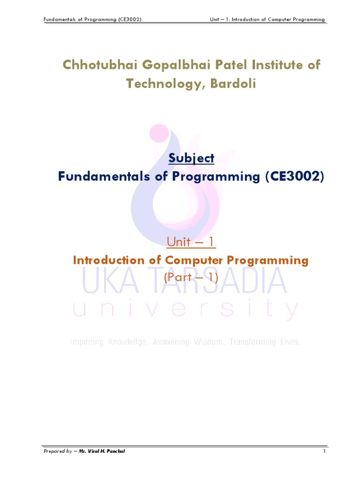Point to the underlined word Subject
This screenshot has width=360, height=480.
tap(191, 158)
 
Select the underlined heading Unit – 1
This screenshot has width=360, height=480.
tap(191, 242)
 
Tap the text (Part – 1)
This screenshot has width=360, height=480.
tap(191, 277)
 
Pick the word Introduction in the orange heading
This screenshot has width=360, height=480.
tap(109, 260)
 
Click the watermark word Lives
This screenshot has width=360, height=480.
tap(290, 342)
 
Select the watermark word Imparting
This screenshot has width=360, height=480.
tap(87, 342)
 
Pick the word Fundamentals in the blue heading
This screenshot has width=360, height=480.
tap(103, 177)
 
